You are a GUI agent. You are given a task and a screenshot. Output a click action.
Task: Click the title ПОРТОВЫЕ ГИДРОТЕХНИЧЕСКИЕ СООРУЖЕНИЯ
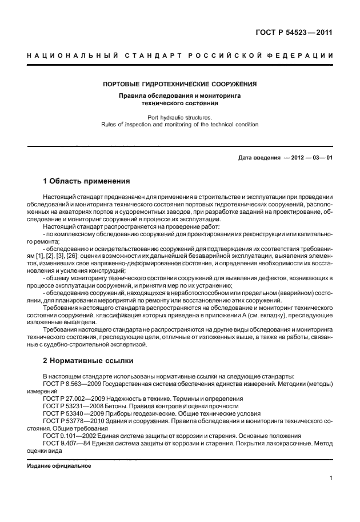click(179, 84)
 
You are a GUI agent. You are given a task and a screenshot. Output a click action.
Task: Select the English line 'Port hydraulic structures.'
click(179, 117)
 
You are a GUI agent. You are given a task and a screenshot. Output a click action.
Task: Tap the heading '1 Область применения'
click(87, 181)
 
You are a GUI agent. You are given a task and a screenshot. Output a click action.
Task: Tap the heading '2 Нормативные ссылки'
click(88, 361)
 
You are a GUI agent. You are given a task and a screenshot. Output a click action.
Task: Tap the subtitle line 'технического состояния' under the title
click(179, 104)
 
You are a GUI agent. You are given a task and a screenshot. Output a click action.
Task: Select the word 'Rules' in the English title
click(109, 124)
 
